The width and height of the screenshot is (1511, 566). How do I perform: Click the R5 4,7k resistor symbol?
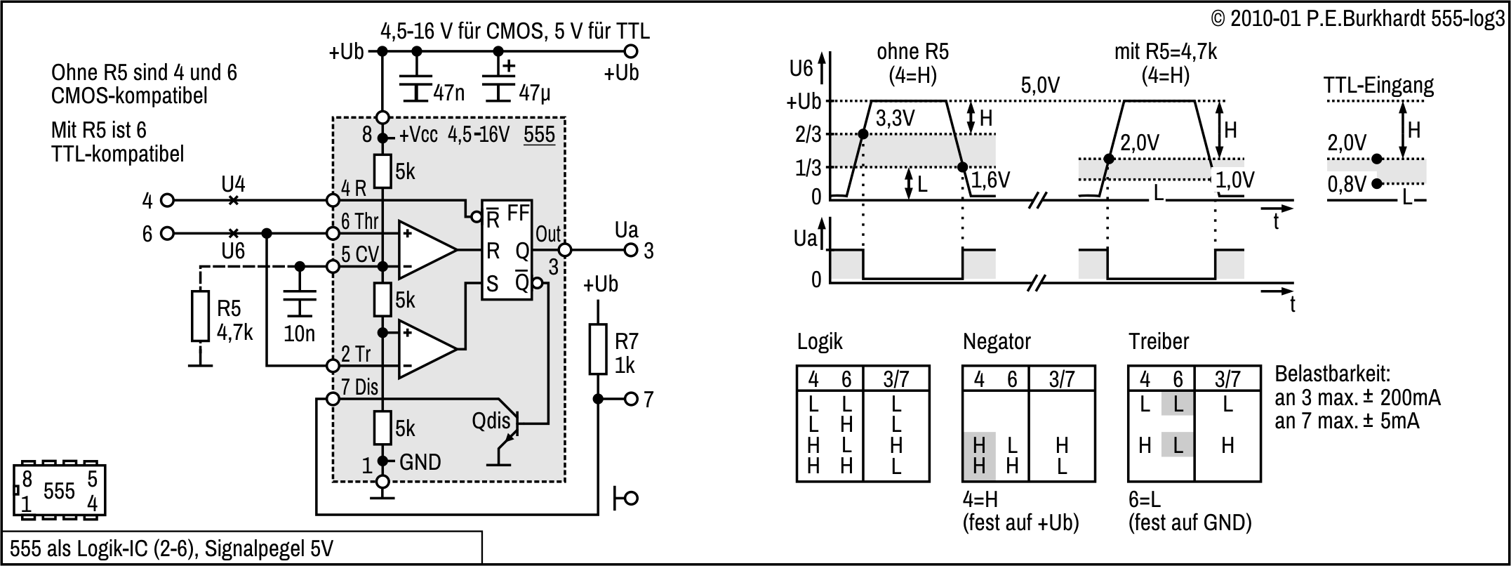pos(200,317)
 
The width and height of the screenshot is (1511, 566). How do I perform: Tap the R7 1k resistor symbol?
pos(597,349)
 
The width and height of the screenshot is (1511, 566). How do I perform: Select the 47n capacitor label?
pos(448,93)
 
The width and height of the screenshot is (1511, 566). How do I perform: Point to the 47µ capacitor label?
pos(535,93)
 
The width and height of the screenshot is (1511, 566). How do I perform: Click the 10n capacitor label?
pos(299,334)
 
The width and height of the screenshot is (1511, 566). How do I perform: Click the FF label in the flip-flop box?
pos(518,213)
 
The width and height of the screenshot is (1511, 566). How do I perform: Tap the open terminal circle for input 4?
pos(167,200)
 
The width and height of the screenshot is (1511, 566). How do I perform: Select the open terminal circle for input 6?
pos(167,233)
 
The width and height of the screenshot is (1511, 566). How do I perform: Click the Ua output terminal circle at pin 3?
pos(631,249)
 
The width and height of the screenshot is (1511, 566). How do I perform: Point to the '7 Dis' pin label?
pos(359,387)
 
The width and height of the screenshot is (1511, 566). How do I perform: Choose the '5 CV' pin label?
pos(359,254)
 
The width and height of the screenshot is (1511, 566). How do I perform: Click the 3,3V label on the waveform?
pos(896,118)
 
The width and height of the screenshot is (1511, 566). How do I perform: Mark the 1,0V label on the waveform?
pos(1234,180)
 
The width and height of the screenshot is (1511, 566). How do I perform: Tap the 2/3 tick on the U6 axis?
pos(808,134)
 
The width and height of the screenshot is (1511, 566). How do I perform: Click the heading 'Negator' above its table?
pos(997,342)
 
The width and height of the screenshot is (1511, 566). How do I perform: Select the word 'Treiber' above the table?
pos(1159,342)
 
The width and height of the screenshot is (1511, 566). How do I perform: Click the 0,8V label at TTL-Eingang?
pos(1347,184)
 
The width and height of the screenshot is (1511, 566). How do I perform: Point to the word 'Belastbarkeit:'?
pos(1332,373)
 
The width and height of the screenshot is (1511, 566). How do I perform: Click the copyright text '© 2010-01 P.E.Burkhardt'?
pos(1319,19)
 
